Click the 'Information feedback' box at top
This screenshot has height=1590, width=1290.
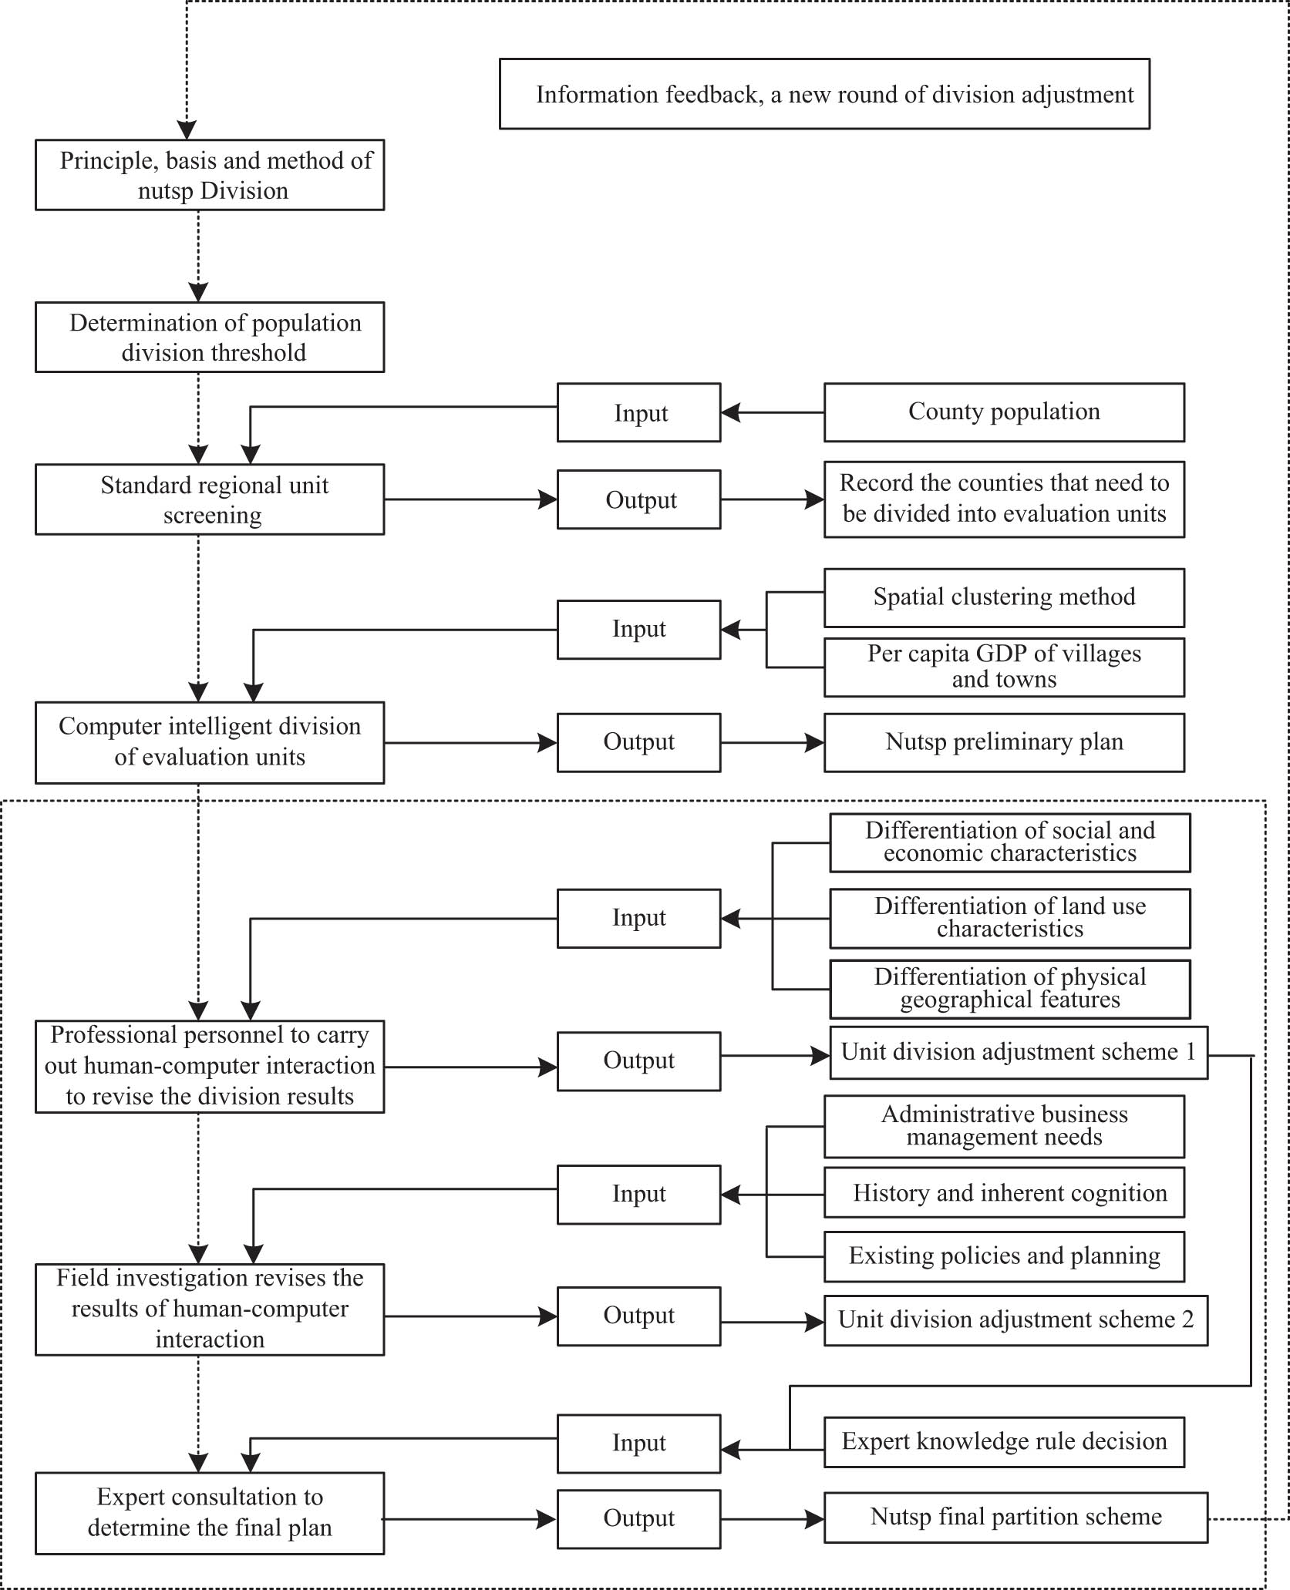pyautogui.click(x=824, y=94)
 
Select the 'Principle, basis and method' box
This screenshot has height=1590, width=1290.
pyautogui.click(x=210, y=175)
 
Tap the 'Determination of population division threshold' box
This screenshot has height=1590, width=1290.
pyautogui.click(x=210, y=338)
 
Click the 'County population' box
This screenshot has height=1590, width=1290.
pyautogui.click(x=1004, y=412)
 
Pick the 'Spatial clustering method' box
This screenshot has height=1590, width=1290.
pyautogui.click(x=1004, y=597)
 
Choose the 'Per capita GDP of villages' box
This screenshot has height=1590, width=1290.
pyautogui.click(x=1004, y=667)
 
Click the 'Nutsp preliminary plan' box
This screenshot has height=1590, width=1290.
pyautogui.click(x=1004, y=742)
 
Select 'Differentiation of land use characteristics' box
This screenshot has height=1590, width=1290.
pyautogui.click(x=1009, y=918)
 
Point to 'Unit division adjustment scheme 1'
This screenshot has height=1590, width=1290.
pyautogui.click(x=1018, y=1052)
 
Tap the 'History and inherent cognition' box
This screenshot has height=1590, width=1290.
pyautogui.click(x=1004, y=1193)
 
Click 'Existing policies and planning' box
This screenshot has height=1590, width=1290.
pyautogui.click(x=1004, y=1256)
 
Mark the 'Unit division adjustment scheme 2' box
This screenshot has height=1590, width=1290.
pyautogui.click(x=1015, y=1320)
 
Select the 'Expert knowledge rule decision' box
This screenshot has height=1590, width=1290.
pyautogui.click(x=1004, y=1442)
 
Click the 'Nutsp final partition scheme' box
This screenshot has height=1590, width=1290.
pyautogui.click(x=1015, y=1518)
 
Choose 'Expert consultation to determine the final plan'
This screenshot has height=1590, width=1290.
pyautogui.click(x=210, y=1513)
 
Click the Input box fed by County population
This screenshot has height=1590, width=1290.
pyautogui.click(x=638, y=412)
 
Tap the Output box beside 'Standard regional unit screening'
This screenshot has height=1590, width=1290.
pyautogui.click(x=638, y=499)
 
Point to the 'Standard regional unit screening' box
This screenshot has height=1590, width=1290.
pyautogui.click(x=210, y=499)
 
